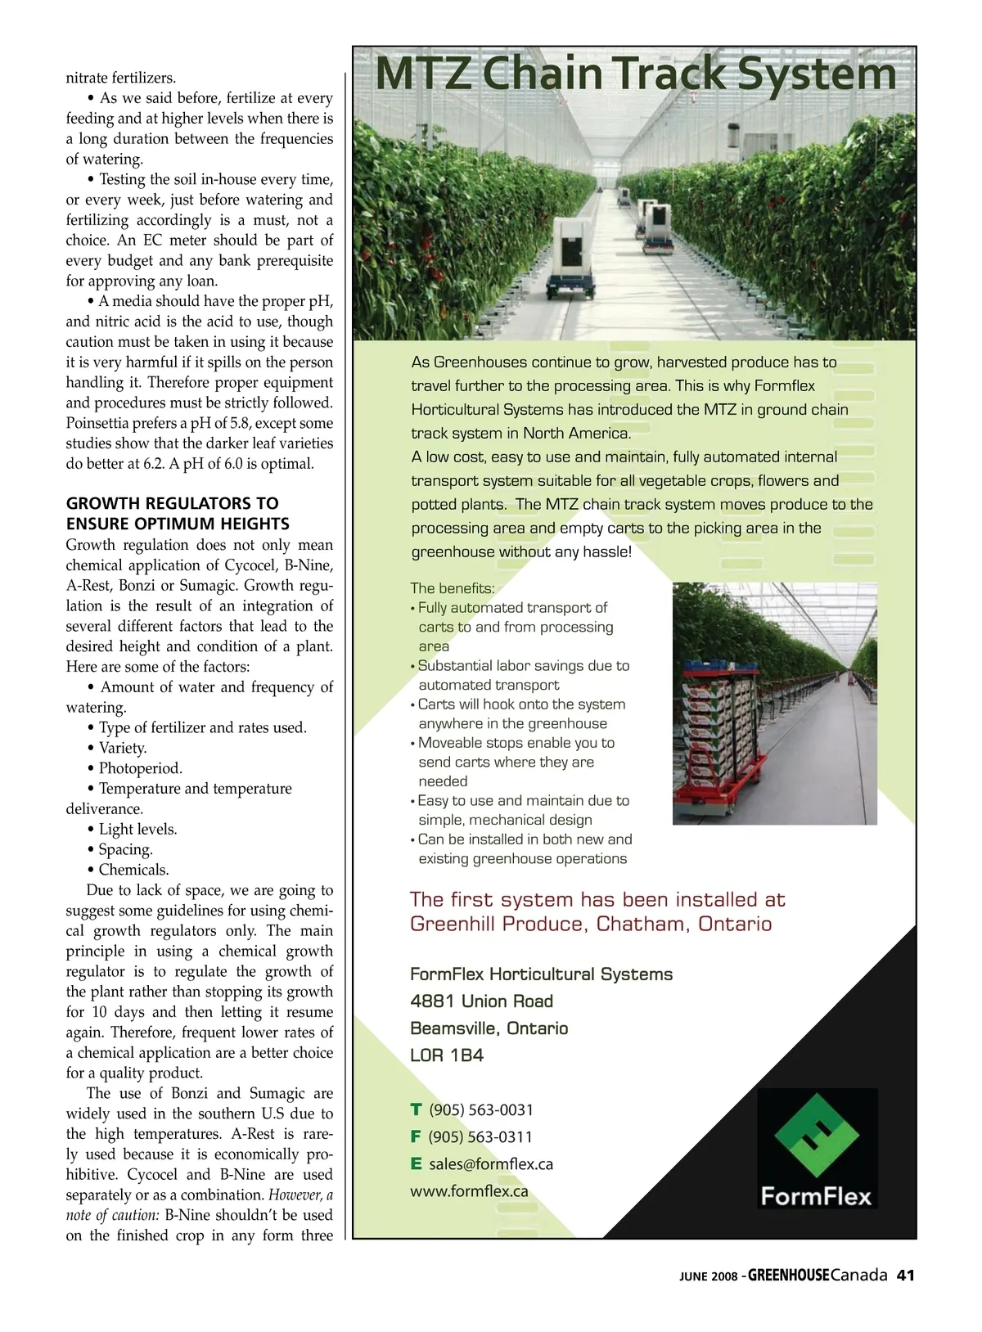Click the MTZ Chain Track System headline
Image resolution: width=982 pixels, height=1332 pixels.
(x=636, y=74)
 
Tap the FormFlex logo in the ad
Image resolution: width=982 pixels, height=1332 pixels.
(x=816, y=1148)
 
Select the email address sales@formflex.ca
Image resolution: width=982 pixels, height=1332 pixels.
(x=490, y=1163)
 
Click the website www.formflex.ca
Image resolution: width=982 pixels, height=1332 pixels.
(x=469, y=1190)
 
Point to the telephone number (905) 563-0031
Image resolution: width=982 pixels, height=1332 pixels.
(x=481, y=1109)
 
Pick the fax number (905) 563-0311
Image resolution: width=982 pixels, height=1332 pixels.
(x=480, y=1136)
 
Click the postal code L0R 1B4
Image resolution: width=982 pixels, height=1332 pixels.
(x=447, y=1055)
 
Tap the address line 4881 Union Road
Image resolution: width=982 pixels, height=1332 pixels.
(x=481, y=1001)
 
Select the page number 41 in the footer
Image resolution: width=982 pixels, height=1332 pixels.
(x=905, y=1275)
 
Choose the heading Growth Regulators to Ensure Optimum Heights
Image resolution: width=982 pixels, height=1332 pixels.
(x=178, y=513)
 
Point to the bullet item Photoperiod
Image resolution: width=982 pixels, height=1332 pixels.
(x=140, y=767)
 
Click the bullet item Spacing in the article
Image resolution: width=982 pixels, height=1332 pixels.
(x=125, y=848)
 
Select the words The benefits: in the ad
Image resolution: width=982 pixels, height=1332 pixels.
(x=452, y=587)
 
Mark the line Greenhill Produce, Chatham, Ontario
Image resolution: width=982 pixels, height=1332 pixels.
(x=590, y=924)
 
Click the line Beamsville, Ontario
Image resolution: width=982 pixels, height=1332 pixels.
(x=489, y=1028)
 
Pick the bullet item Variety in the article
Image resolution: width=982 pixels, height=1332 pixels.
(x=123, y=747)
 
